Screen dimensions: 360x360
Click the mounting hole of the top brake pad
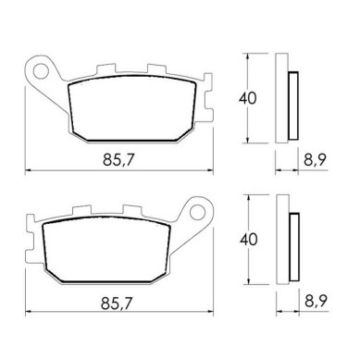tap(41, 71)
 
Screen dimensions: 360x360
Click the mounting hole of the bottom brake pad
tap(197, 213)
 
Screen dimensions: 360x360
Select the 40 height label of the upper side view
tap(247, 98)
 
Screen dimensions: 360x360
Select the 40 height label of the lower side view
tap(249, 240)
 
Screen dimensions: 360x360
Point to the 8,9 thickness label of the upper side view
tap(316, 160)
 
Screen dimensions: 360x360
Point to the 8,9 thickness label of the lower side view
tap(317, 301)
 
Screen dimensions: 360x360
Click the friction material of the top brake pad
tap(132, 108)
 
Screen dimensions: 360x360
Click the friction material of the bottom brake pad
tap(106, 250)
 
